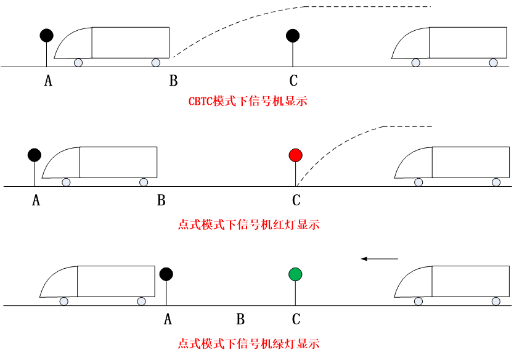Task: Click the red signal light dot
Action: click(x=295, y=155)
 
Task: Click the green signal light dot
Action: click(x=295, y=274)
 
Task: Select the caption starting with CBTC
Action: click(x=248, y=101)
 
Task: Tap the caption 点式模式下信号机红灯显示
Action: click(x=248, y=225)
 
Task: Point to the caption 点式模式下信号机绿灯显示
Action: click(x=248, y=344)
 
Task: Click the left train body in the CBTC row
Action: click(x=131, y=43)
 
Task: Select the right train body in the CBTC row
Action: click(x=468, y=43)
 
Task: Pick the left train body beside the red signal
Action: click(x=118, y=162)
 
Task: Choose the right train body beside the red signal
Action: click(x=471, y=162)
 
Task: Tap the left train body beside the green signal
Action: click(x=116, y=281)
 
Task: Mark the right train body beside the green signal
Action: click(x=471, y=281)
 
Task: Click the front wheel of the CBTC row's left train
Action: click(x=156, y=63)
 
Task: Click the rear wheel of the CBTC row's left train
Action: click(x=78, y=63)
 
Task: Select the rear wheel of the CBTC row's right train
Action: click(x=416, y=63)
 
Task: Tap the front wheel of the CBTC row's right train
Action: click(x=493, y=63)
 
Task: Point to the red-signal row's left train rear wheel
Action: click(x=66, y=182)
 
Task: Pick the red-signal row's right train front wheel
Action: click(x=496, y=182)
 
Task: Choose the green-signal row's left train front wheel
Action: click(x=141, y=301)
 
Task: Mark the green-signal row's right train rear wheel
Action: click(x=418, y=301)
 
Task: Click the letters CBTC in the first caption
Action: click(x=200, y=101)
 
